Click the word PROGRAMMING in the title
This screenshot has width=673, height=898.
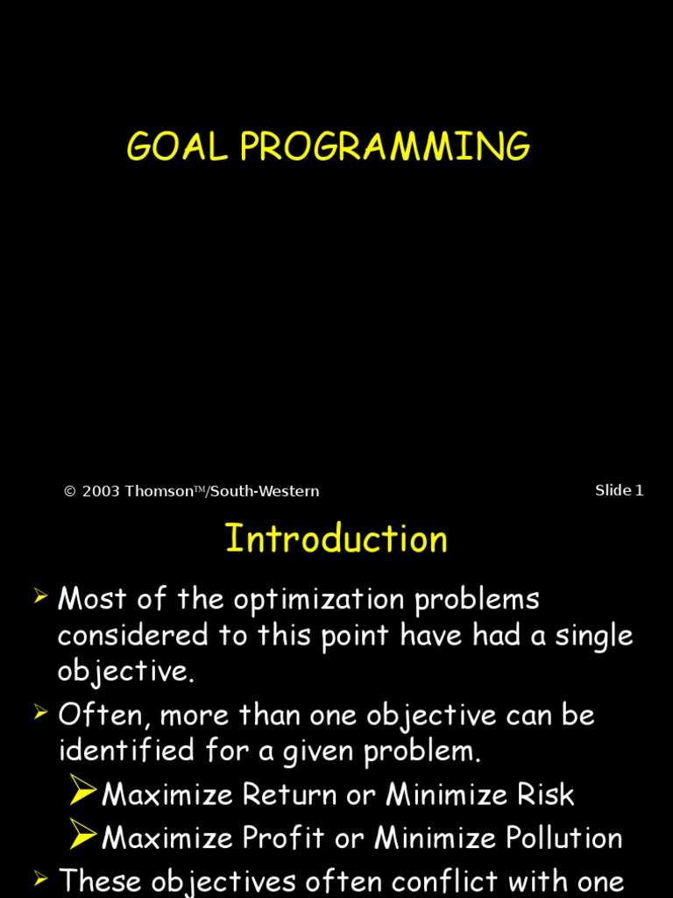[385, 146]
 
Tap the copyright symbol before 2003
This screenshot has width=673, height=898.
[70, 492]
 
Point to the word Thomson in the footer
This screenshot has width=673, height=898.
[159, 492]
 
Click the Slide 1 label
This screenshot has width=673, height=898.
[619, 491]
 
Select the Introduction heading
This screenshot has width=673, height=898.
[336, 538]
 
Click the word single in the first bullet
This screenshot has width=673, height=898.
[589, 636]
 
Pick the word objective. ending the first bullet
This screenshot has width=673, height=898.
[125, 672]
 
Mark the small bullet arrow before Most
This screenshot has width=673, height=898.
[40, 598]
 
